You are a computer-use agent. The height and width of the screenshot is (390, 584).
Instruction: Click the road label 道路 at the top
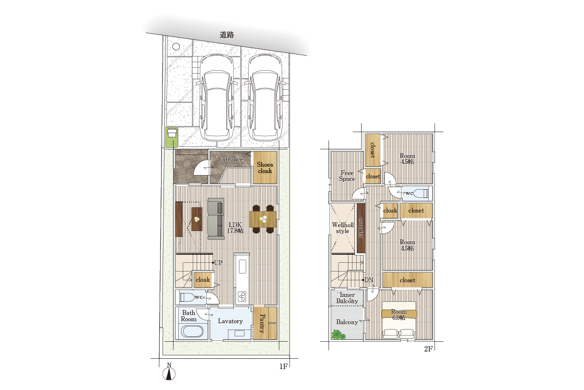pyautogui.click(x=227, y=35)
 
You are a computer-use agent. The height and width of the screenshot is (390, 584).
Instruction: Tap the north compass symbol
pyautogui.click(x=169, y=372)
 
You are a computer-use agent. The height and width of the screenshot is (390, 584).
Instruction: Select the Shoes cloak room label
pyautogui.click(x=265, y=168)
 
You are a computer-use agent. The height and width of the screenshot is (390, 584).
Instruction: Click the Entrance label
pyautogui.click(x=231, y=159)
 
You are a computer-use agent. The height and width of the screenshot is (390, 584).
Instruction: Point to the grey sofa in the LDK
pyautogui.click(x=216, y=219)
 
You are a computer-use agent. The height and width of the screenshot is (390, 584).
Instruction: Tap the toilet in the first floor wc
pyautogui.click(x=187, y=297)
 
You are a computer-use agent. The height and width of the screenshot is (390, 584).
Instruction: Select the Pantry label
pyautogui.click(x=262, y=323)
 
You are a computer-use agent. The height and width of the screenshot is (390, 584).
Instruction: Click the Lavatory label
pyautogui.click(x=230, y=321)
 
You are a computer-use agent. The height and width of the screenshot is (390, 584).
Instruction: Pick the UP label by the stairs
pyautogui.click(x=218, y=263)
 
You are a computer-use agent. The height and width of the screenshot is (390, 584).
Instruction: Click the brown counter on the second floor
pyautogui.click(x=361, y=228)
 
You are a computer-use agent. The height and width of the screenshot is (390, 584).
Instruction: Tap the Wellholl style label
pyautogui.click(x=343, y=228)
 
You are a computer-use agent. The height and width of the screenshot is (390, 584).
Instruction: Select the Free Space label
pyautogui.click(x=347, y=176)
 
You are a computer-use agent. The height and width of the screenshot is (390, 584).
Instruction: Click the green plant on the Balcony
pyautogui.click(x=338, y=335)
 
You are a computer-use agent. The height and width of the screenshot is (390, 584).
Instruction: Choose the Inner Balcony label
pyautogui.click(x=347, y=298)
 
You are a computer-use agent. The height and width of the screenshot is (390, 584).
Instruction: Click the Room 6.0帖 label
pyautogui.click(x=399, y=315)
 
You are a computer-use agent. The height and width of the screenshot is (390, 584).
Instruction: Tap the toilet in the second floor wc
pyautogui.click(x=421, y=194)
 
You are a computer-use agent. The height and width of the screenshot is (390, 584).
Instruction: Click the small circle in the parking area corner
pyautogui.click(x=176, y=46)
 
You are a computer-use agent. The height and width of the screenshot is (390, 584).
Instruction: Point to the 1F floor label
pyautogui.click(x=283, y=367)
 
